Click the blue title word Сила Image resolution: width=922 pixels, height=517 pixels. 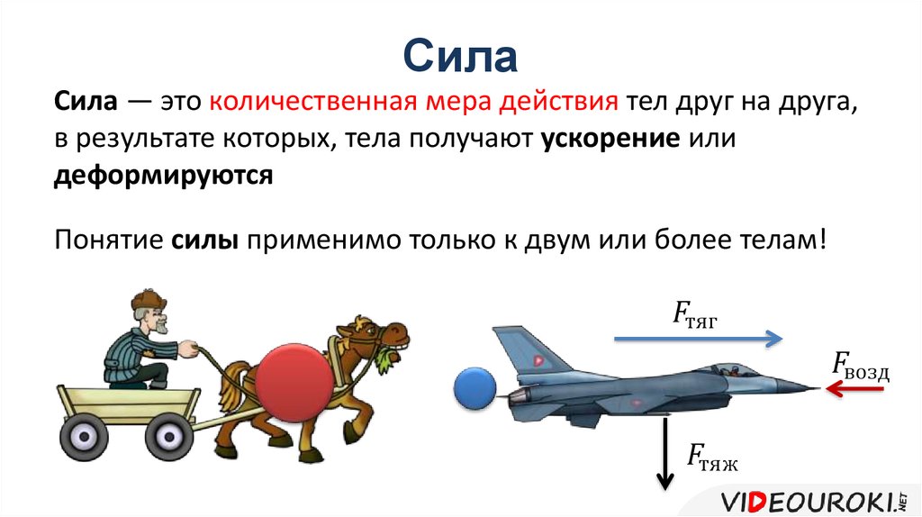(x=460, y=56)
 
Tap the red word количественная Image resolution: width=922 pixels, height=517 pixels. (x=313, y=102)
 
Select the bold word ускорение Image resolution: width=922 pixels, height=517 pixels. (x=610, y=140)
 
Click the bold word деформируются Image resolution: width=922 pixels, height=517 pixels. (x=164, y=176)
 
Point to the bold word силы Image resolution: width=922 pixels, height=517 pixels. (x=204, y=240)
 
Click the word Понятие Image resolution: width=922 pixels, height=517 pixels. (x=109, y=240)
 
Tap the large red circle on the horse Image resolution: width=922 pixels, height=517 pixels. (x=294, y=383)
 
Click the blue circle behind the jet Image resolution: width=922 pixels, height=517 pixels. (x=475, y=388)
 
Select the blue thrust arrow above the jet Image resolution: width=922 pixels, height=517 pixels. (x=699, y=338)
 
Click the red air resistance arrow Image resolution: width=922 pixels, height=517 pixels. (x=854, y=388)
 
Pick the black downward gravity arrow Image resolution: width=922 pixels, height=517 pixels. (x=665, y=453)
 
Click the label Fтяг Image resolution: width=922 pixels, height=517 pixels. (x=695, y=314)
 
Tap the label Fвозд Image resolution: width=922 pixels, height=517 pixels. (x=861, y=366)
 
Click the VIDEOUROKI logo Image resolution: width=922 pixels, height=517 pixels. (x=814, y=502)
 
